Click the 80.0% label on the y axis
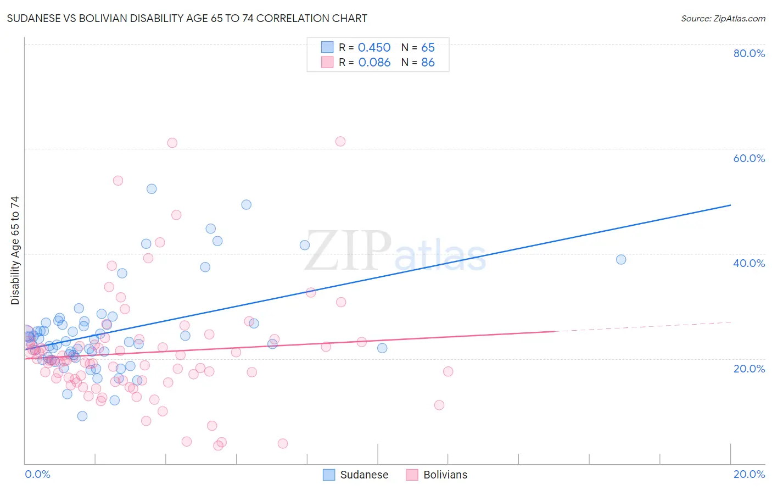tap(749, 53)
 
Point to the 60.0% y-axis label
tap(749, 158)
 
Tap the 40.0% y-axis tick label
tap(749, 263)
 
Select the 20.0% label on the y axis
tap(749, 369)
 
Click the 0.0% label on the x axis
tap(37, 474)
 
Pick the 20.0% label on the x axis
tap(749, 474)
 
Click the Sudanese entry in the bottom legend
tap(363, 475)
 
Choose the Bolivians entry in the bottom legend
tap(445, 475)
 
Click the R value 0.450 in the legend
tap(374, 48)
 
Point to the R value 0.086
tap(374, 63)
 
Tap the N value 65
tap(428, 48)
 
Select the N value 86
tap(428, 63)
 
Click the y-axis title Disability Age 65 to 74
tap(15, 250)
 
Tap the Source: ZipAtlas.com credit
tap(723, 19)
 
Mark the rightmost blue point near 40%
tap(621, 259)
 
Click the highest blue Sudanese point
tap(152, 188)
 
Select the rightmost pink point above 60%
tap(340, 141)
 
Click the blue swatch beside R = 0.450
tap(327, 47)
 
